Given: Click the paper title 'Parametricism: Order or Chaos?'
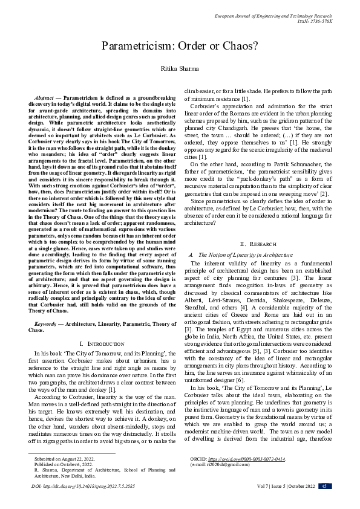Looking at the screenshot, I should [180, 46].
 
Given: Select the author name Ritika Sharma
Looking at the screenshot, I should [180, 70].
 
